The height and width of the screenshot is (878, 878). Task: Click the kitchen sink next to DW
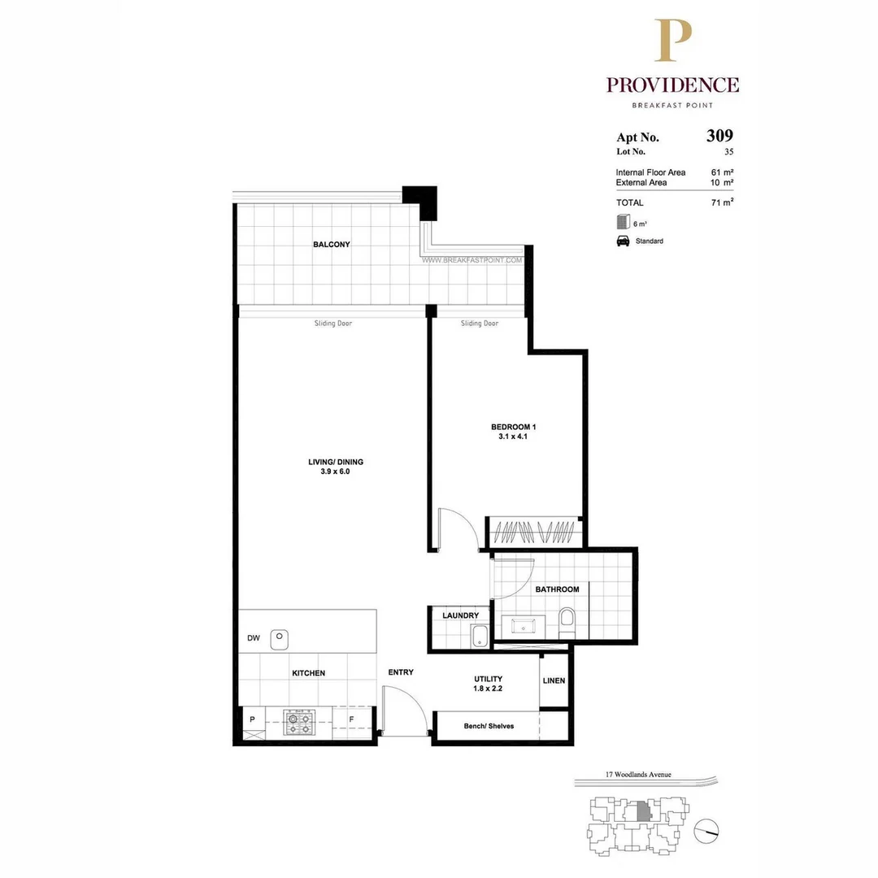(x=280, y=638)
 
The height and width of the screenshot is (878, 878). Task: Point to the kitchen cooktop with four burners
(x=298, y=722)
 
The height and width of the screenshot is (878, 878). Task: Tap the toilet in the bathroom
(x=567, y=622)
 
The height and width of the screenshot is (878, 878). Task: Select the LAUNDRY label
(x=460, y=615)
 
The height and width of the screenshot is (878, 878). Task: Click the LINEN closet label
(x=554, y=680)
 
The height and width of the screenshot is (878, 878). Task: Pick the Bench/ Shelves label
(x=489, y=726)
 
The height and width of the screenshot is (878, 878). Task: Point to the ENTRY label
(x=401, y=672)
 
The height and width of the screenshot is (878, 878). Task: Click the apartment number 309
(x=719, y=136)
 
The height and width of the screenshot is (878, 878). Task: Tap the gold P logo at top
(x=673, y=41)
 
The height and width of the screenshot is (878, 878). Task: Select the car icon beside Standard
(x=623, y=241)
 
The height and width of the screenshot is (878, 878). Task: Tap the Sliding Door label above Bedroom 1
(x=480, y=324)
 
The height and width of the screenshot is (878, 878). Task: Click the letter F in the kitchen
(x=351, y=719)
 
